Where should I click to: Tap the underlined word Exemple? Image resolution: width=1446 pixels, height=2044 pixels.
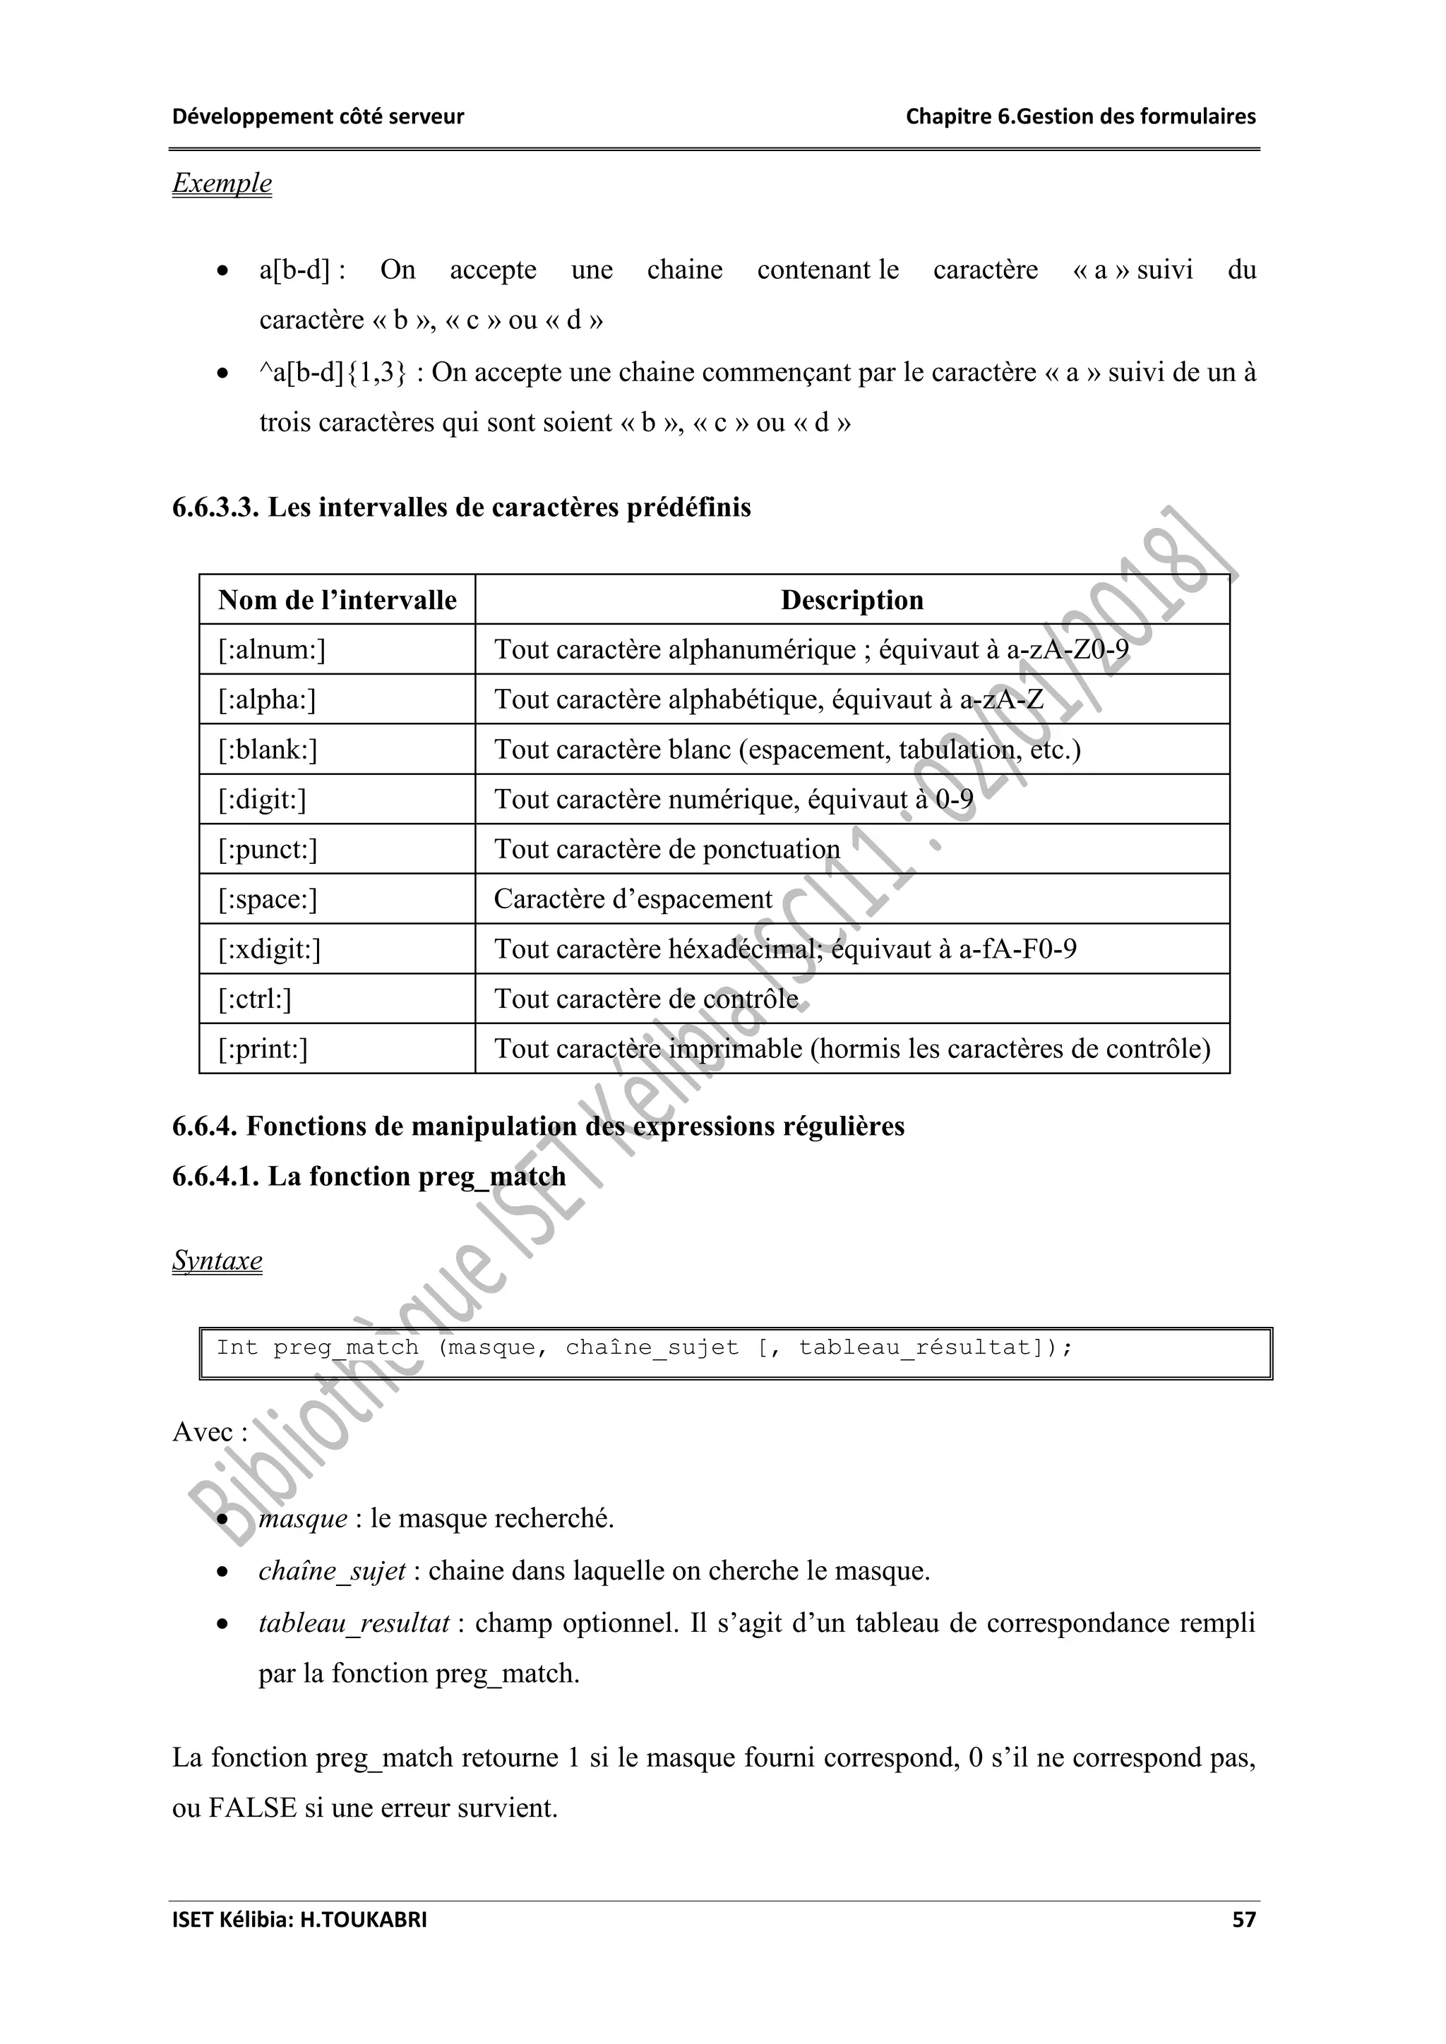(222, 184)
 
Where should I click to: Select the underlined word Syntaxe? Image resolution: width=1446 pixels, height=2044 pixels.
(217, 1261)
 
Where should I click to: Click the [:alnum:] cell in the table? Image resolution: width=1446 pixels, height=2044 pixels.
(272, 650)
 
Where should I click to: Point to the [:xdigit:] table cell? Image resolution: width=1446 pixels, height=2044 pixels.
(270, 949)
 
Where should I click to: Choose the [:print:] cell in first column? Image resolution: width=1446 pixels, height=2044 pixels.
(263, 1049)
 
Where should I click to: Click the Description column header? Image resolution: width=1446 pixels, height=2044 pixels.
(852, 600)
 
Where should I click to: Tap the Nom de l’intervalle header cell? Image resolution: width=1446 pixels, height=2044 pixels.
(337, 600)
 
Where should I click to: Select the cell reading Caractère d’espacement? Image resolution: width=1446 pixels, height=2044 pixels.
(633, 899)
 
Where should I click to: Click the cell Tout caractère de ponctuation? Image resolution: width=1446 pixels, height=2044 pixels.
(667, 849)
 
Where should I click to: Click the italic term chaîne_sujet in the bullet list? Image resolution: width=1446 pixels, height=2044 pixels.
(332, 1570)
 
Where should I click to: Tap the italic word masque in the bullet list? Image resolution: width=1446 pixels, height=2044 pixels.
(303, 1518)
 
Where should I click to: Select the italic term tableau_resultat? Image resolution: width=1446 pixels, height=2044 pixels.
(354, 1623)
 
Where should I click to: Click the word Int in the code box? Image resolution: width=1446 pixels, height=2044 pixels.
(236, 1347)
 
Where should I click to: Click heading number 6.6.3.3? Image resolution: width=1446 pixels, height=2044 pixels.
(215, 507)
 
